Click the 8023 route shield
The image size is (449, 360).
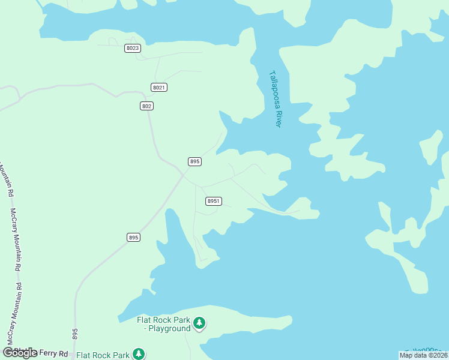pyautogui.click(x=133, y=48)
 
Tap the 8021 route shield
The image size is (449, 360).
pyautogui.click(x=158, y=88)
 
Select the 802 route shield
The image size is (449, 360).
pyautogui.click(x=146, y=106)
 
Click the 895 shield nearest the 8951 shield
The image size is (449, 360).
pyautogui.click(x=194, y=161)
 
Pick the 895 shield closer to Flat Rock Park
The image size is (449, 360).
pyautogui.click(x=133, y=238)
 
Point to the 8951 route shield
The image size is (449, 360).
pyautogui.click(x=213, y=201)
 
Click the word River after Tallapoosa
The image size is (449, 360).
pyautogui.click(x=278, y=118)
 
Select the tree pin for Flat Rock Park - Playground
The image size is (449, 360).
pyautogui.click(x=199, y=324)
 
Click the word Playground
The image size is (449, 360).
pyautogui.click(x=170, y=328)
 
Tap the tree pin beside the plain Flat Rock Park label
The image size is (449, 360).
pyautogui.click(x=139, y=354)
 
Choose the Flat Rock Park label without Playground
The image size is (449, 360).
pyautogui.click(x=103, y=355)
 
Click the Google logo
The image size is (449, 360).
pyautogui.click(x=20, y=353)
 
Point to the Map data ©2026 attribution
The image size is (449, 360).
pyautogui.click(x=423, y=355)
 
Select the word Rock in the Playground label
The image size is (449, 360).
pyautogui.click(x=164, y=320)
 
